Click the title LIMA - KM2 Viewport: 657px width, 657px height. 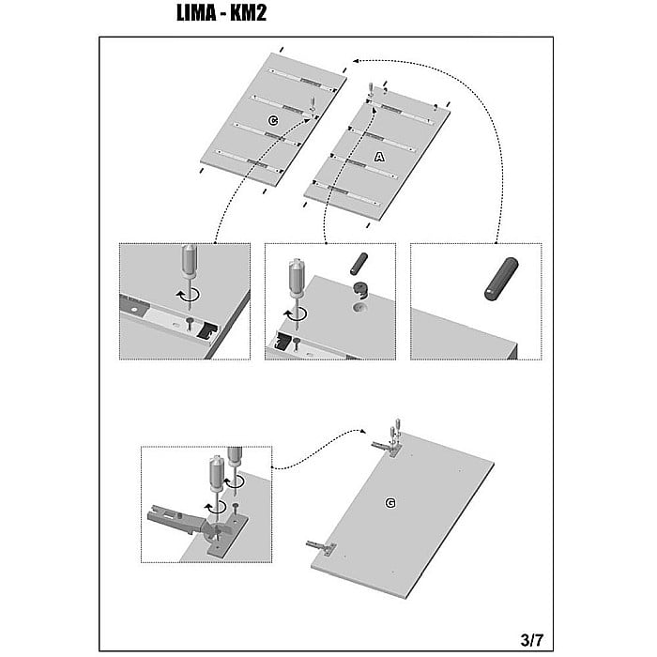pos(222,13)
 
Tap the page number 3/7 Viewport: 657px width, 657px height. pos(531,640)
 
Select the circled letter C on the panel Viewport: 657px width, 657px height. pos(273,121)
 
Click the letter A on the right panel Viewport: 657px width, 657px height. pos(379,157)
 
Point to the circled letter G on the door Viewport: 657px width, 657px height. pos(390,503)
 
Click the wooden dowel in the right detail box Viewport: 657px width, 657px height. pos(501,279)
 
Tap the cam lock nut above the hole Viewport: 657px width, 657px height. pos(360,290)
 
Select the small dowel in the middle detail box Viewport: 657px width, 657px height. pos(359,264)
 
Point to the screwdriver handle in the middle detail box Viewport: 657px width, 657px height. pos(298,278)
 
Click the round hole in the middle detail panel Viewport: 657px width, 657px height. pos(359,309)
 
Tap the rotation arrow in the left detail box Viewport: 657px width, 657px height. pos(188,295)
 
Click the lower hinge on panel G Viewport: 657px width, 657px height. pos(321,546)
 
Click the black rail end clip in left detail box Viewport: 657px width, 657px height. pos(206,330)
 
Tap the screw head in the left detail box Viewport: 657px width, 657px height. pos(190,321)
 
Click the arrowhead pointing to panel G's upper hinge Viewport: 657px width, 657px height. pos(362,431)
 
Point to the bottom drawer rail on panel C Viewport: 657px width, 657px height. pos(248,160)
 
